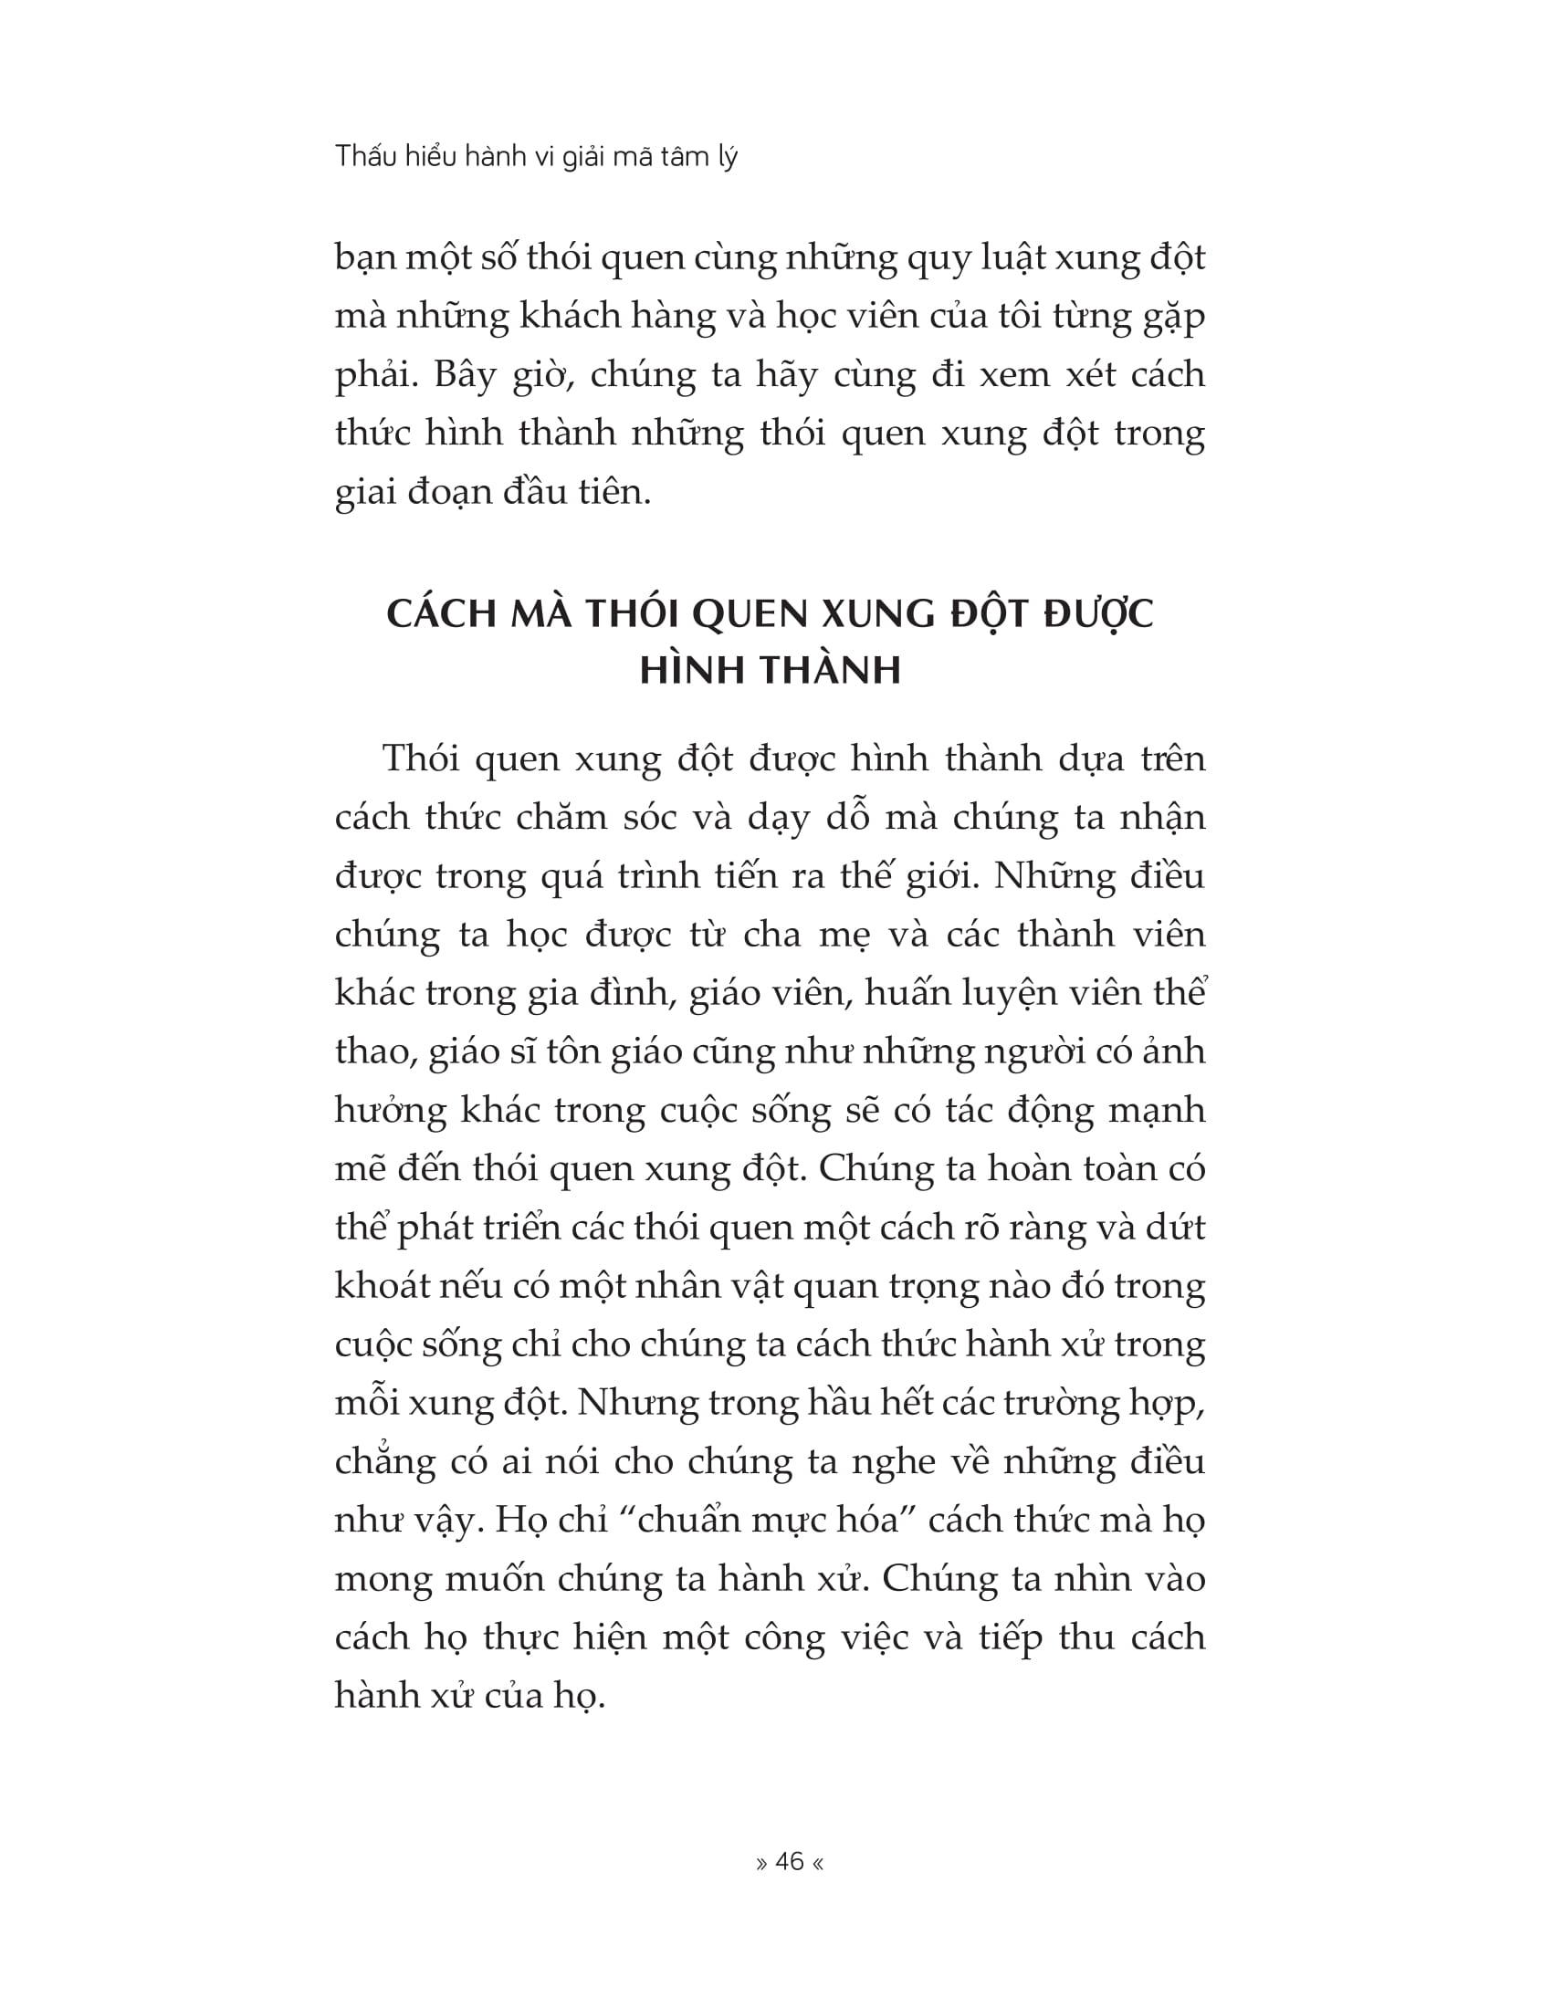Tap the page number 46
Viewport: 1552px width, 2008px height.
point(790,1862)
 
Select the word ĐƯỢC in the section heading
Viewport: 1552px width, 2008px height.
point(1098,615)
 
